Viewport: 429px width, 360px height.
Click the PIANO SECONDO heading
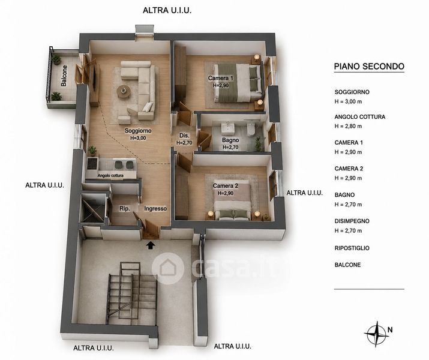(x=369, y=66)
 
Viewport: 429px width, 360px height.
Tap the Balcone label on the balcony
(x=64, y=76)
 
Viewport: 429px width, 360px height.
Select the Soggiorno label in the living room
(x=138, y=130)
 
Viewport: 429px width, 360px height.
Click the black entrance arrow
(x=150, y=245)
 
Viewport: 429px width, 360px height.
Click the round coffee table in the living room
(x=124, y=91)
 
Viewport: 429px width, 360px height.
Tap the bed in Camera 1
(x=238, y=82)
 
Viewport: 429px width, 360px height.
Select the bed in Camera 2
(x=232, y=200)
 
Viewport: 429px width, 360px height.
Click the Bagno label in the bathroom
(x=230, y=140)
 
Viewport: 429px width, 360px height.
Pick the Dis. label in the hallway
(x=184, y=136)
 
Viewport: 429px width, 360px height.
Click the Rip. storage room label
(x=124, y=208)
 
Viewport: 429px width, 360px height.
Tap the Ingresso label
(x=155, y=208)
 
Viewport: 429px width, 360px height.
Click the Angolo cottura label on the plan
(x=110, y=176)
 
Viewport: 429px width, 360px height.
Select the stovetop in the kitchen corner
(x=92, y=163)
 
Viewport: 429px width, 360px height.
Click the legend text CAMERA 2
(x=349, y=169)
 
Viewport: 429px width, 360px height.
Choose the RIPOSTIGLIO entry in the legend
(x=352, y=248)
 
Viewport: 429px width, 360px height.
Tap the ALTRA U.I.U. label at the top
(x=167, y=10)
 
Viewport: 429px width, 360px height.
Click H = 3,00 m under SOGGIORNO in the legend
(x=348, y=101)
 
